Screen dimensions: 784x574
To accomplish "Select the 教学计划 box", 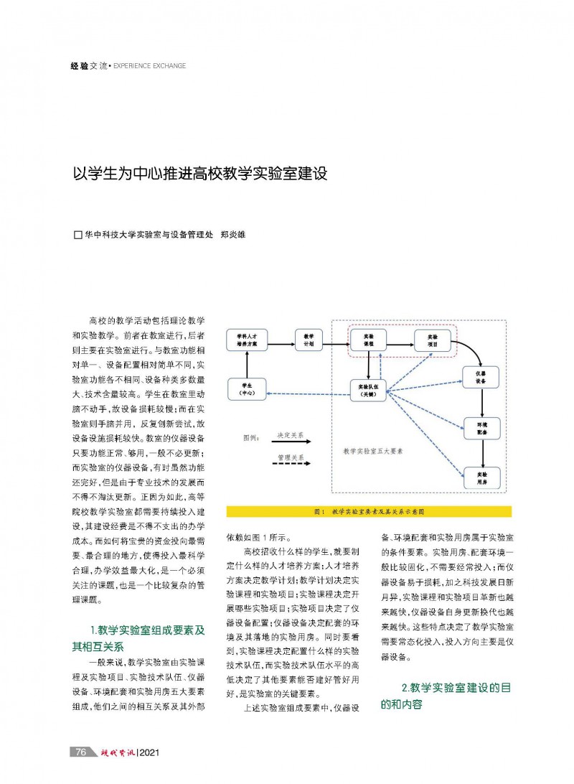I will click(309, 340).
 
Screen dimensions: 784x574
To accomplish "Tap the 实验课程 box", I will click(368, 340).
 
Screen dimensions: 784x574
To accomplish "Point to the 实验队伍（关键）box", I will click(368, 389).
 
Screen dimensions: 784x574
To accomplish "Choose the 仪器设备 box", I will click(481, 378).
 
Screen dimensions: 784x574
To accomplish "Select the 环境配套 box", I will click(481, 429).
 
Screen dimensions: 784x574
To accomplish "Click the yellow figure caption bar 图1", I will click(369, 512).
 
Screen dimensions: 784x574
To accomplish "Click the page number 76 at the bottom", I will click(81, 752).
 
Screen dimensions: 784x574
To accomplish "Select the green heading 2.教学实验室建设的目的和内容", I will click(446, 696).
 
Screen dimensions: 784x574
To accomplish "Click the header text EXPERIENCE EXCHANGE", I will click(150, 66).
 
